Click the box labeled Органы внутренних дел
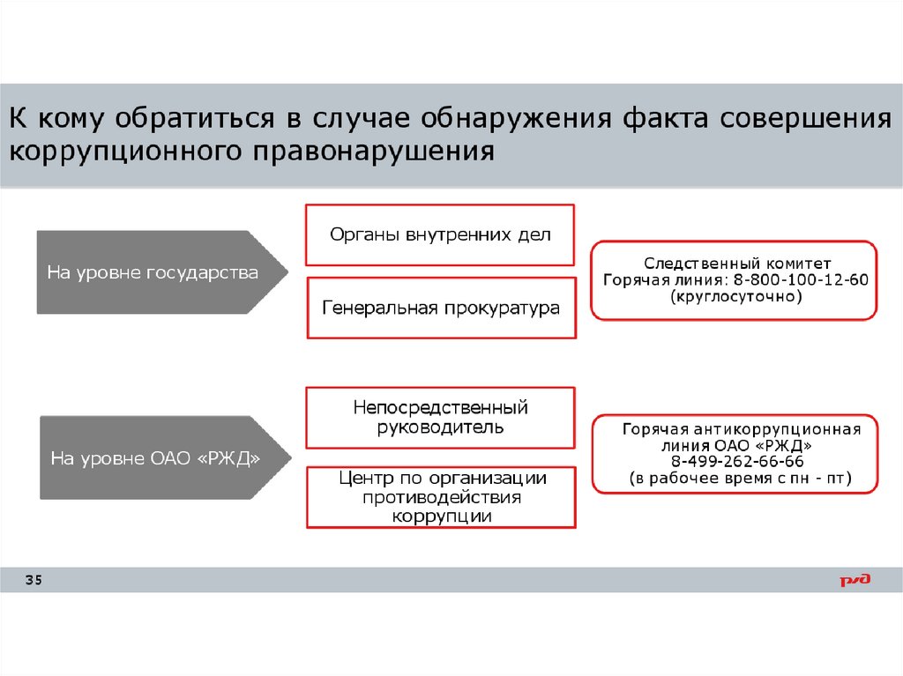coord(440,234)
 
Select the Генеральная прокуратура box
coord(440,308)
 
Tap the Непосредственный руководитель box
coord(440,418)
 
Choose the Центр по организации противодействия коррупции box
coord(440,497)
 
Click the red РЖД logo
coord(854,580)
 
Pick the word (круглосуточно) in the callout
coord(735,298)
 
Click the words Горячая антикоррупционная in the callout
coord(741,429)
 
